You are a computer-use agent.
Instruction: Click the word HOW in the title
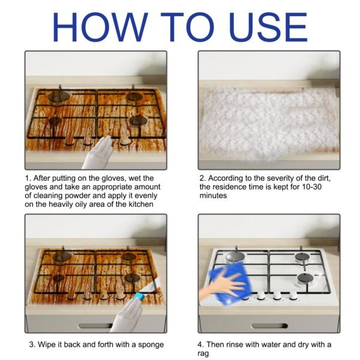tap(104, 26)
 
